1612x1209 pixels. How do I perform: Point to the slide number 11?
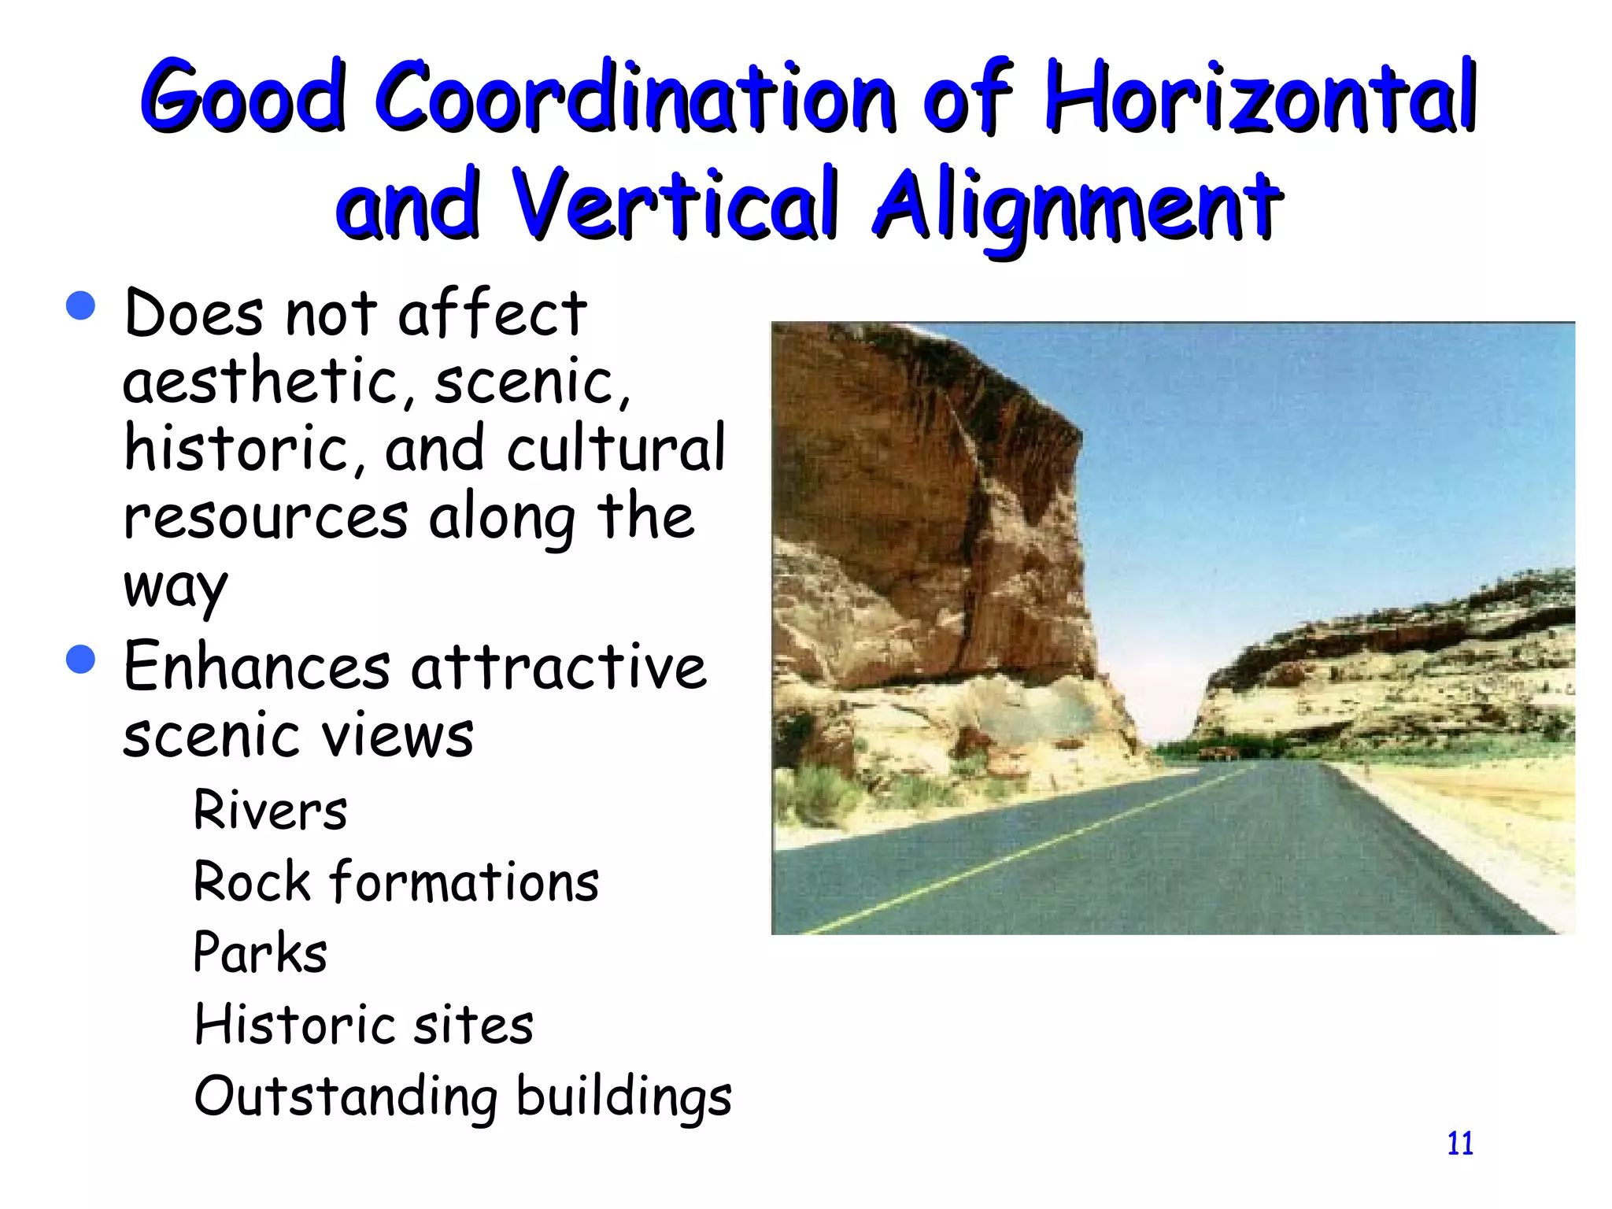[1460, 1143]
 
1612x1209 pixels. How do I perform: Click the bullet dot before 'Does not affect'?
[81, 305]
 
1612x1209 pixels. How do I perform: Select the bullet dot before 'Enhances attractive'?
[81, 659]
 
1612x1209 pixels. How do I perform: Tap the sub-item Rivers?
[270, 810]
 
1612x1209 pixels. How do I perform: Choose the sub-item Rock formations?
[396, 882]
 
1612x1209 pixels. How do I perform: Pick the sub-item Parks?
[260, 952]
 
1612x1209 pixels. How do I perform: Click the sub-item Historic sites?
[364, 1025]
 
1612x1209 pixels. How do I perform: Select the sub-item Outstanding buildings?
[463, 1096]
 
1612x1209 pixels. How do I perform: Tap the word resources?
[266, 519]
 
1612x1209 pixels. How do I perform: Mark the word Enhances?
[257, 667]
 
